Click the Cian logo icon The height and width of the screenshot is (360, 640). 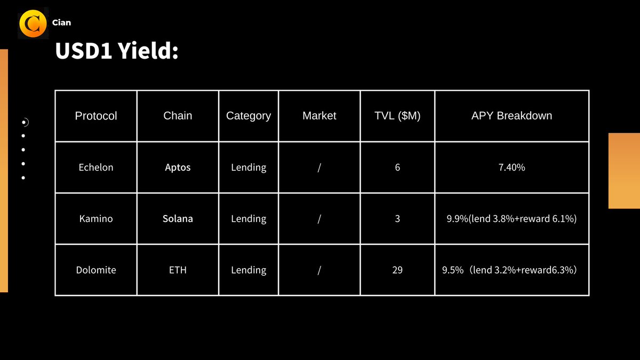[x=33, y=23]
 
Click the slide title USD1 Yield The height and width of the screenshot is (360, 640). [x=116, y=52]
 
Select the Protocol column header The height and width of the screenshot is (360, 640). [x=96, y=116]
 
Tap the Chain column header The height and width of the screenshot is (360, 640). [x=178, y=116]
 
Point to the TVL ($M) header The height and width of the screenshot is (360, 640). [x=397, y=116]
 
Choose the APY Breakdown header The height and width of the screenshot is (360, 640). [x=511, y=116]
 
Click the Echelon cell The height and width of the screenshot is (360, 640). [x=96, y=167]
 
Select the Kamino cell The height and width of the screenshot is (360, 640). [x=96, y=219]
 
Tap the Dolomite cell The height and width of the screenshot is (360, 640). [x=96, y=270]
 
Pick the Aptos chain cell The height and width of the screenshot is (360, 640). [x=178, y=167]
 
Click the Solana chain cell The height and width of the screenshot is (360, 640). [x=178, y=219]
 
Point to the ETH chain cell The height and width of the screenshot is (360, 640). [x=178, y=270]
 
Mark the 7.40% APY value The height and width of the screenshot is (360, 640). [x=511, y=167]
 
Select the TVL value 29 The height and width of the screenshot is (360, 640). [x=397, y=270]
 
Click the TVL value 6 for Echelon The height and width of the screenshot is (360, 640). [x=397, y=167]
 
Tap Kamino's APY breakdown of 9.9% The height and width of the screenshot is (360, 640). [x=511, y=219]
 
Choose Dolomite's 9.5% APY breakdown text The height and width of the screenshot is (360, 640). [x=509, y=270]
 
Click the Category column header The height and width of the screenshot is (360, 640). [x=249, y=116]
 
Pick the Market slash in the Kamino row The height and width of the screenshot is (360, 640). [x=319, y=219]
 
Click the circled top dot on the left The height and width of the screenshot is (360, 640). [x=24, y=123]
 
